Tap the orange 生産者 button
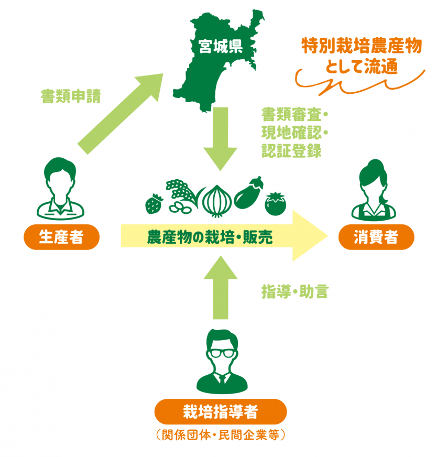pos(61,237)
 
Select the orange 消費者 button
pos(376,237)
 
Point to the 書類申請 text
pos(70,96)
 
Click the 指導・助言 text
pos(295,292)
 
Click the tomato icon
pos(276,204)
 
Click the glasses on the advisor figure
pos(221,353)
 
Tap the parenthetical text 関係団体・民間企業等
pos(220,436)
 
